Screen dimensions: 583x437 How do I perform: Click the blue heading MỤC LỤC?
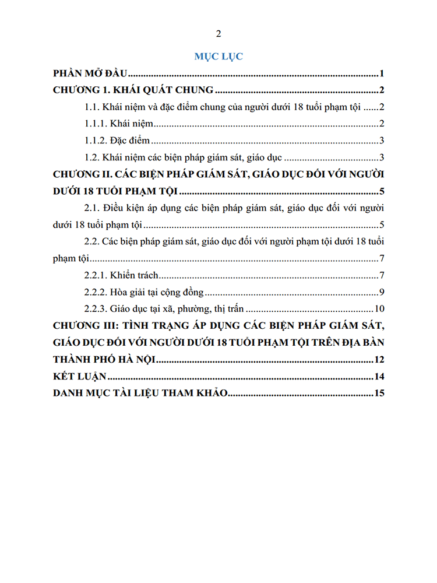pos(218,57)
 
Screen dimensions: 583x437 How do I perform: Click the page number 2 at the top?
pos(218,33)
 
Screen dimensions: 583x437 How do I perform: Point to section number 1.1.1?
pos(96,124)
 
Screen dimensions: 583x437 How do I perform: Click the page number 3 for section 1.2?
pos(380,157)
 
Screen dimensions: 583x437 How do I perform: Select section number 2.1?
pos(93,208)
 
